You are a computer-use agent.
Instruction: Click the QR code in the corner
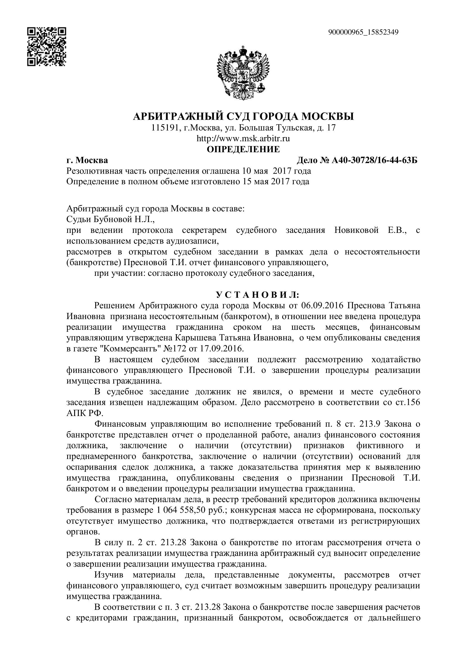47,47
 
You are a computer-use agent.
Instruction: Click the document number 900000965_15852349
363,32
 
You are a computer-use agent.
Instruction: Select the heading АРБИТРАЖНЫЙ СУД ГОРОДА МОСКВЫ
243,117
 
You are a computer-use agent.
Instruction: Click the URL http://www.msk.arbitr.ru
243,139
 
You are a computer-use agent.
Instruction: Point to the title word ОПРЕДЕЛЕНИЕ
243,149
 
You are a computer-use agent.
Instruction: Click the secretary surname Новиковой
356,230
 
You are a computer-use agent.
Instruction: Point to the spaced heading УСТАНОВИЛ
257,295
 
